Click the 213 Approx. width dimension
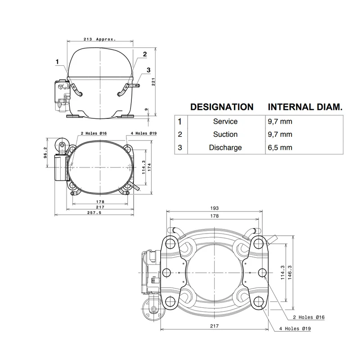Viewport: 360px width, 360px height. (99, 39)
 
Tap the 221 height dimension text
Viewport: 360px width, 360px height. (153, 82)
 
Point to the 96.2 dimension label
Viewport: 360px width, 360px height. (45, 153)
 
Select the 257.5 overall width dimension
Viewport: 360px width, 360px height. (94, 213)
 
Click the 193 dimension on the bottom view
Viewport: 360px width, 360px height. (215, 208)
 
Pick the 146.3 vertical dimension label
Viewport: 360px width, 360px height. (290, 273)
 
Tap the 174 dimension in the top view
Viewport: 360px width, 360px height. (149, 167)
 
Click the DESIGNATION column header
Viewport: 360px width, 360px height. (222, 107)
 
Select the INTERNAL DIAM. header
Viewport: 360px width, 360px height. (305, 107)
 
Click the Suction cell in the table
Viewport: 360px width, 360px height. (225, 134)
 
